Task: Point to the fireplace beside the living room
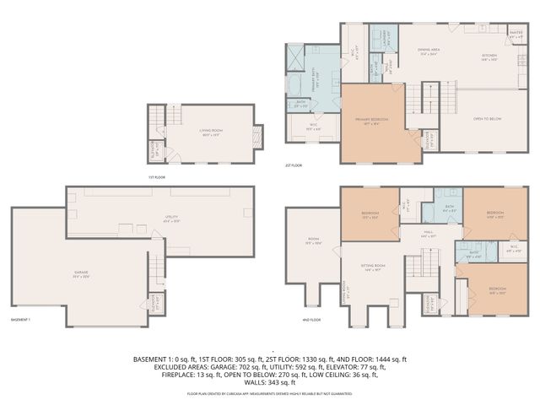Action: pos(258,135)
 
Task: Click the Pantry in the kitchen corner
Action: pos(516,36)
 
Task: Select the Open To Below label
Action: pos(487,119)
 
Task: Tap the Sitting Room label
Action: pos(373,267)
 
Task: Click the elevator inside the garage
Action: pos(155,302)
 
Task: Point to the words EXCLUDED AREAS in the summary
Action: pos(183,366)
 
